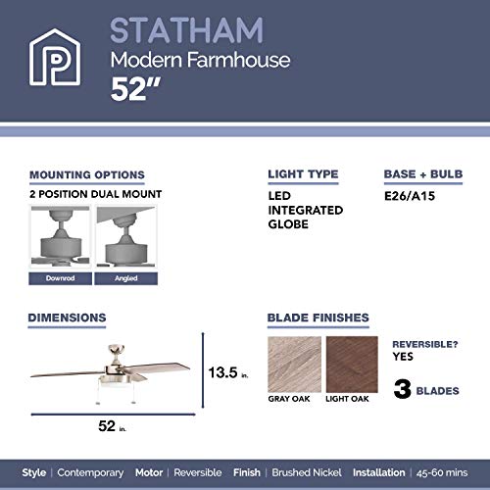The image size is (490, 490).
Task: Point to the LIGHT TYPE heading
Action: click(x=304, y=175)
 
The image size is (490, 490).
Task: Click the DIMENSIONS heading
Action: click(x=67, y=318)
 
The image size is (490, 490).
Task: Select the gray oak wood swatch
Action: click(x=293, y=365)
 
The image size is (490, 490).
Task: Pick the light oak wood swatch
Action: click(x=351, y=365)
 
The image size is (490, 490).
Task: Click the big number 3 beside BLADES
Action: click(x=401, y=390)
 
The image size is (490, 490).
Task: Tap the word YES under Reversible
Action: click(x=404, y=358)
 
